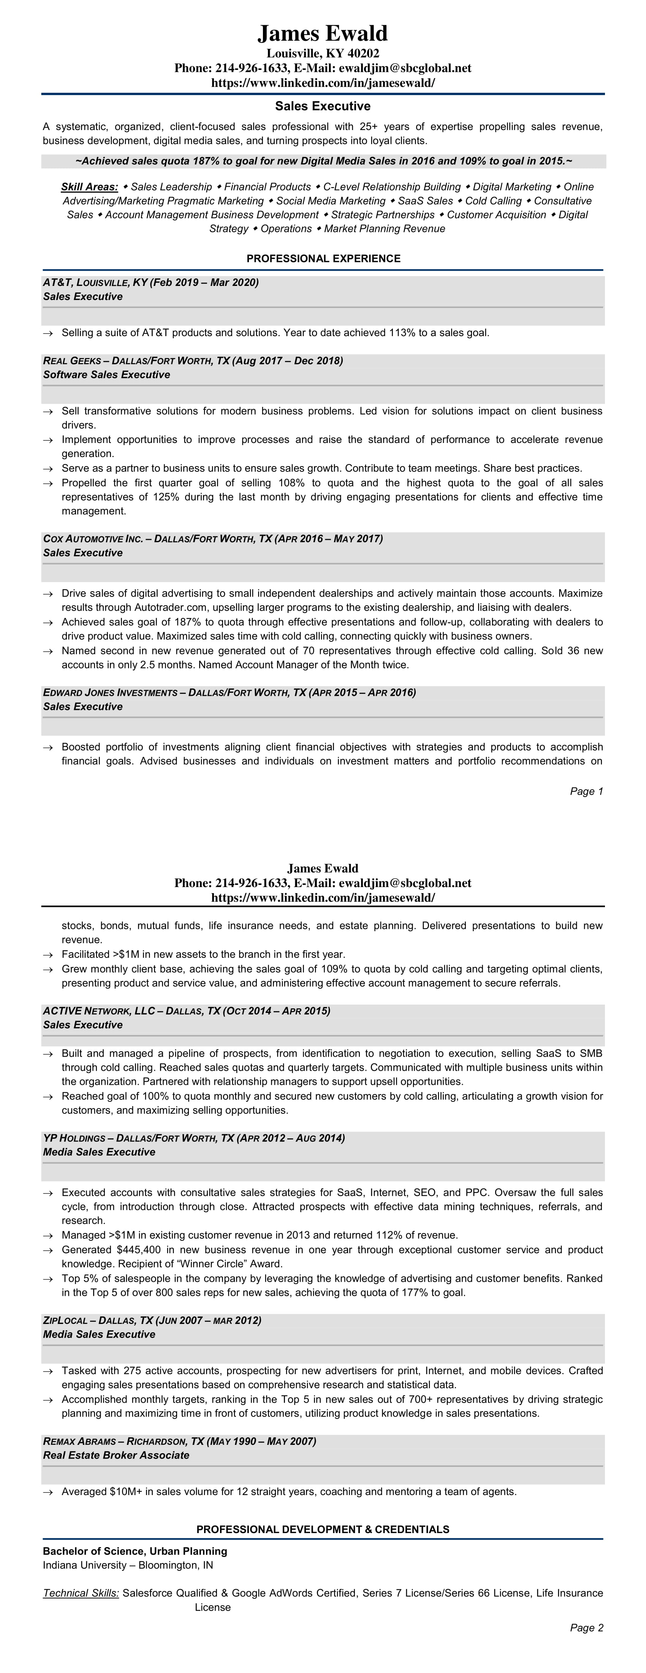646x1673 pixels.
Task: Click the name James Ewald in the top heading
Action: (323, 33)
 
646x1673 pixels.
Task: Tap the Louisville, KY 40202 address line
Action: (323, 53)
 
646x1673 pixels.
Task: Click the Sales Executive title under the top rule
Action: (323, 106)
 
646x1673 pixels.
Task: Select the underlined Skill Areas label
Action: (90, 187)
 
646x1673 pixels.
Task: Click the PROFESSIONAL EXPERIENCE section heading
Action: (323, 259)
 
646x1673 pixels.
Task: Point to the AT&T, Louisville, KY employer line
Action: (150, 283)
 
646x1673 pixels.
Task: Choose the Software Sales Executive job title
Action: (106, 375)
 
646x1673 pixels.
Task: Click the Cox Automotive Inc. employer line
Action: (213, 539)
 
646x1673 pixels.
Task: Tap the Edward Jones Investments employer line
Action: (229, 693)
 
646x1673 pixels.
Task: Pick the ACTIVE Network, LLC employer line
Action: (186, 1011)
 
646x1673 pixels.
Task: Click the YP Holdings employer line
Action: (193, 1138)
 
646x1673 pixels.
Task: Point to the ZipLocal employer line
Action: (152, 1321)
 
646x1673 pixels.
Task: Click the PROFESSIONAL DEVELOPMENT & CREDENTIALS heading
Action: (323, 1530)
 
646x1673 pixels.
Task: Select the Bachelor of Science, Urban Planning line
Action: (135, 1552)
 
